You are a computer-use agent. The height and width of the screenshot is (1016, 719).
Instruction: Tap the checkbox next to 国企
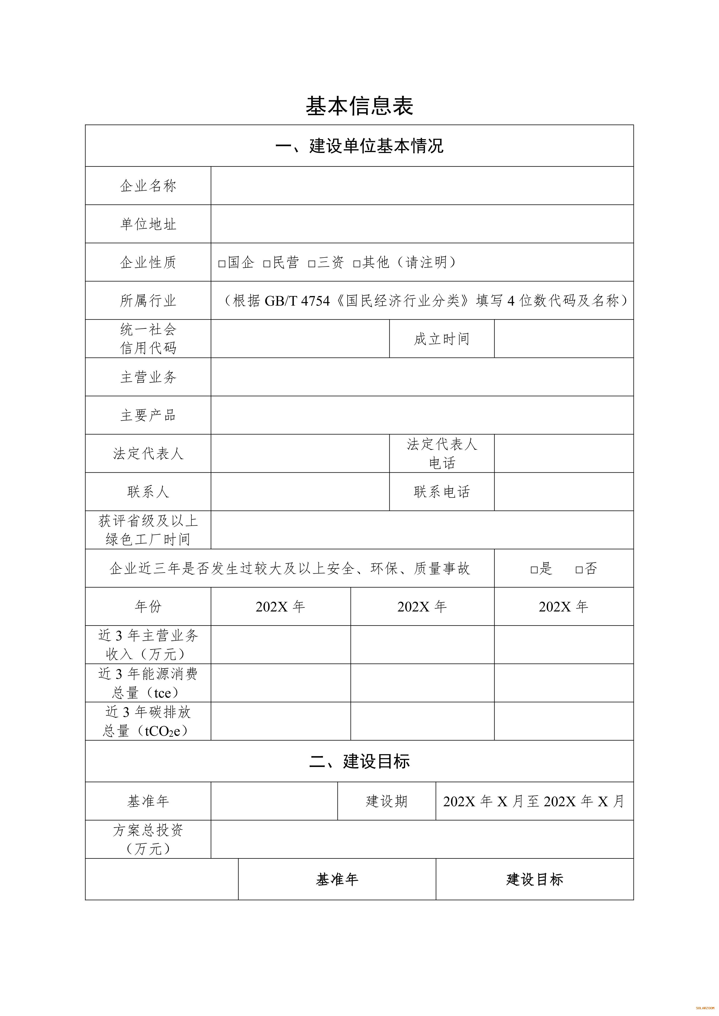tap(222, 264)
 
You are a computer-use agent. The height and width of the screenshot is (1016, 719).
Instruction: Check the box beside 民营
tap(267, 264)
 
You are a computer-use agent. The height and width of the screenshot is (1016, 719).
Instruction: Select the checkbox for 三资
tap(312, 264)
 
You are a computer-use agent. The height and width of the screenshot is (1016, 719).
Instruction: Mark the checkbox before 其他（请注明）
tap(357, 264)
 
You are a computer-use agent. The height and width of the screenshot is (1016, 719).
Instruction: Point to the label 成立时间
tap(441, 339)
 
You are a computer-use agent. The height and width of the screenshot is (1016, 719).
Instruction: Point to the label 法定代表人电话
tap(441, 453)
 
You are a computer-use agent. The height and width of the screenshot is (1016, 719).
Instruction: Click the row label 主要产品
tap(148, 415)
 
